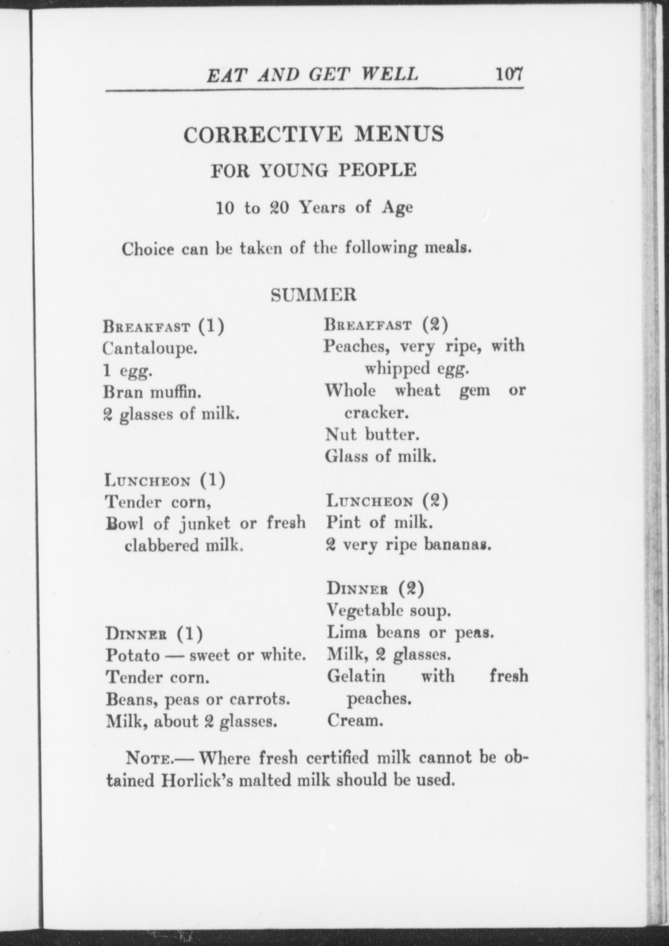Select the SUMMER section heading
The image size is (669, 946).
coord(313,295)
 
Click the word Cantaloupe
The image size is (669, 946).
coord(150,349)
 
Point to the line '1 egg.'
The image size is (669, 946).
coord(128,371)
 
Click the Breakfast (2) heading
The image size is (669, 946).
coord(386,325)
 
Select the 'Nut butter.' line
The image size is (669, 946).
coord(372,435)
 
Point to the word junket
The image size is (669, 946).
coord(205,523)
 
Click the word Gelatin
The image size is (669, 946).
coord(356,676)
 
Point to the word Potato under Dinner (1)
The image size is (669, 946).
coord(133,655)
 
